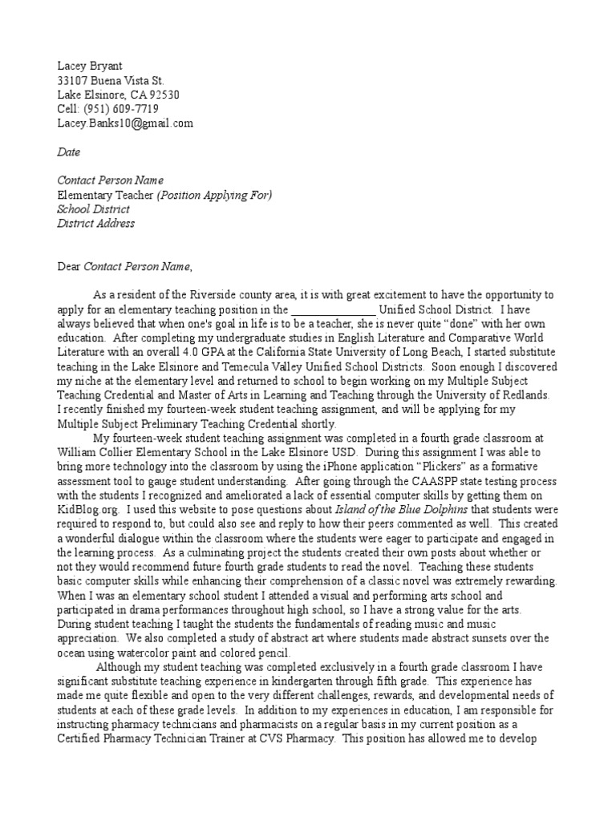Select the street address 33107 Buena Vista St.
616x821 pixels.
click(x=111, y=81)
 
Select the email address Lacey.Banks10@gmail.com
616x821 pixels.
click(x=125, y=123)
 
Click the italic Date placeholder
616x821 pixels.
click(x=69, y=152)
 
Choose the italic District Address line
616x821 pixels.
click(x=95, y=224)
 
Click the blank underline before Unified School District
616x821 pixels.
click(x=333, y=309)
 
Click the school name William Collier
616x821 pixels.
click(x=95, y=452)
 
